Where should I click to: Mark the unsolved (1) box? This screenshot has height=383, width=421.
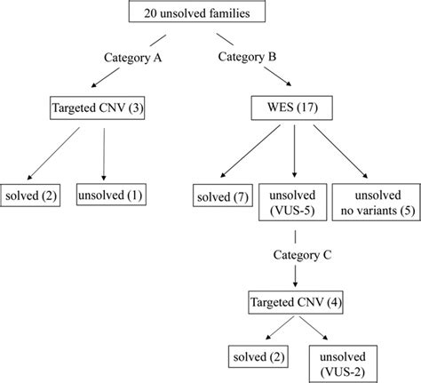(112, 194)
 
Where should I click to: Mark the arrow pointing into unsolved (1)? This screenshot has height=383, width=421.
(105, 156)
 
